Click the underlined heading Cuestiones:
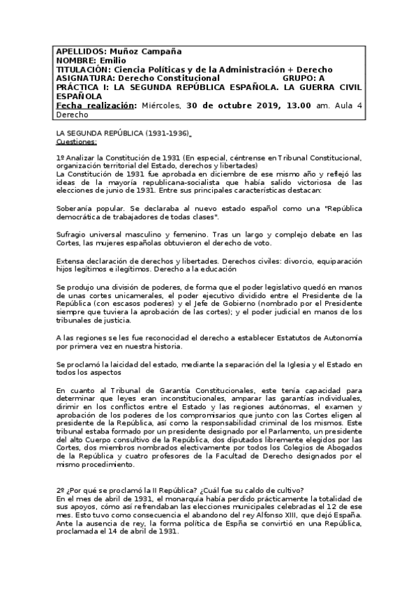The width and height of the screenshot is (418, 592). tap(76, 140)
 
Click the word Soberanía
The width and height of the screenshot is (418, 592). tap(76, 209)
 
